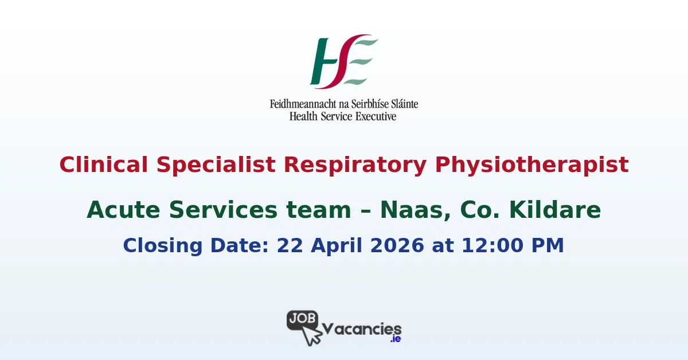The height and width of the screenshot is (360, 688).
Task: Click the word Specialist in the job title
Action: [x=213, y=165]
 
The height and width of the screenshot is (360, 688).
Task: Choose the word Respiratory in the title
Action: [x=355, y=165]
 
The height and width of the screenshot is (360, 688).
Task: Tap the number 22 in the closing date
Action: [x=290, y=245]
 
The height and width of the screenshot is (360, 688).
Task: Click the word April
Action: [x=335, y=245]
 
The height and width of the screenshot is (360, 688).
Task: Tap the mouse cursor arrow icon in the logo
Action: [x=311, y=336]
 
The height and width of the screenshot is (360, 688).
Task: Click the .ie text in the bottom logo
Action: [x=395, y=339]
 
